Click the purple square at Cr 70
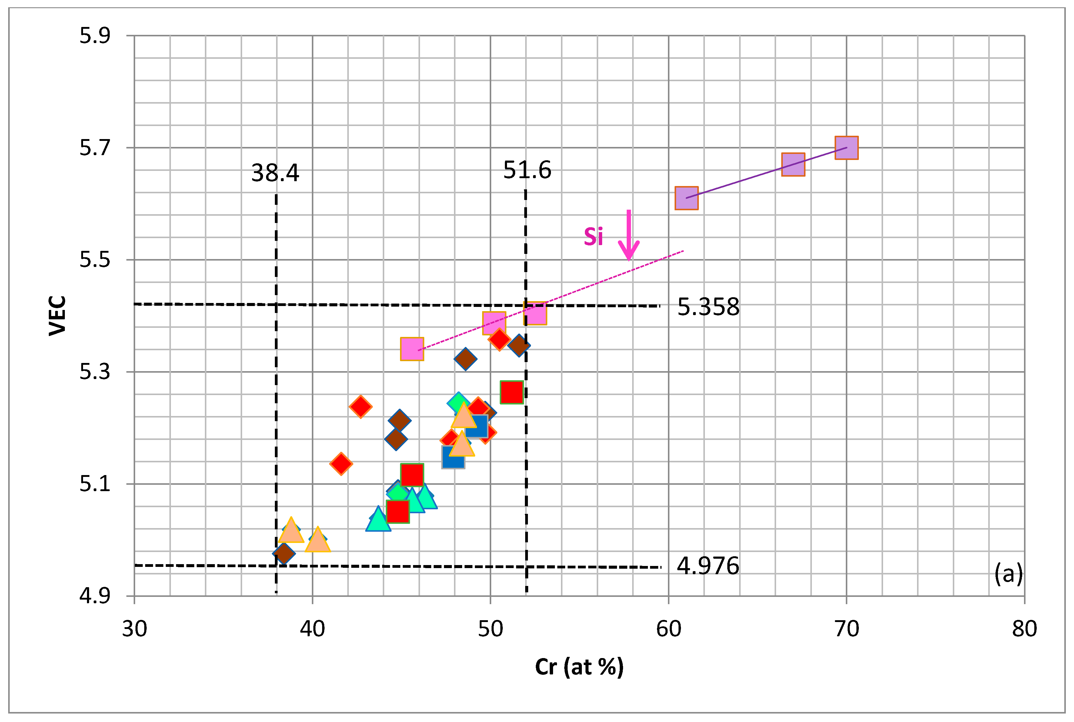(846, 148)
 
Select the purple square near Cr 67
(793, 165)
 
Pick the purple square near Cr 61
(686, 198)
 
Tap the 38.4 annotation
(275, 173)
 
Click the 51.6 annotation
(527, 170)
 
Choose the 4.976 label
(708, 566)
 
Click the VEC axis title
(58, 316)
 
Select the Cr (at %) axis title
(579, 667)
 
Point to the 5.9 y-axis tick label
(95, 36)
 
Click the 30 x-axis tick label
(135, 629)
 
